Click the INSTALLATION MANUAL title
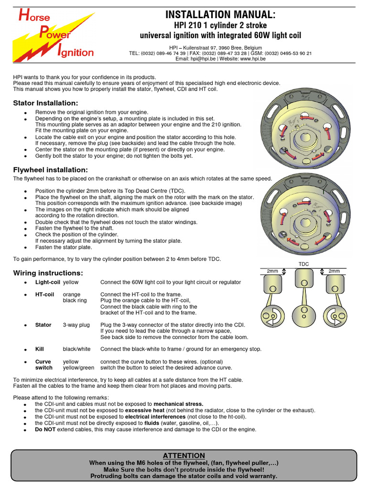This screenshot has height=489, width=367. (x=220, y=15)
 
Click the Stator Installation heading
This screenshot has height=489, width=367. (x=45, y=103)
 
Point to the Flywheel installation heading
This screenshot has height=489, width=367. (x=50, y=170)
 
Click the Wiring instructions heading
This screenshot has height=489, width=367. (x=48, y=273)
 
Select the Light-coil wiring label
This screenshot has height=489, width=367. (x=47, y=282)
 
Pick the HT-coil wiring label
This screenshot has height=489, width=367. (x=45, y=294)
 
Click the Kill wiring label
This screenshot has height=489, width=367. (x=40, y=349)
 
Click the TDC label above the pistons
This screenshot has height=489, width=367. (x=303, y=264)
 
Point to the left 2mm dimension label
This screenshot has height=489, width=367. (x=272, y=271)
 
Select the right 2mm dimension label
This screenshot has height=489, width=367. (x=334, y=271)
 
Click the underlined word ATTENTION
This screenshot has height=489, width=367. (x=184, y=456)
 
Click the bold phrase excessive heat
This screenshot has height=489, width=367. (x=144, y=410)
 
